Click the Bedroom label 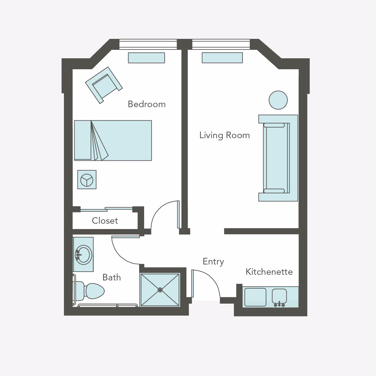coord(147,104)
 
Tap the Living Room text coord(224,135)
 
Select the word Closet coord(105,221)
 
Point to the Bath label coord(112,277)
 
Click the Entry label coord(213,261)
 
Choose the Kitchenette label coord(269,272)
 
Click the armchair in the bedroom coord(103,85)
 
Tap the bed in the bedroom coord(122,140)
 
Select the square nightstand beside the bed coord(87,180)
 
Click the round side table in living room coord(278,100)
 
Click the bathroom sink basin coord(84,254)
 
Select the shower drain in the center coord(160,290)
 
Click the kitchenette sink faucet coord(279,303)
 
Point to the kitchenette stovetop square coord(255,297)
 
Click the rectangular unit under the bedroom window coord(146,58)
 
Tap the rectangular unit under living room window coord(222,58)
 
